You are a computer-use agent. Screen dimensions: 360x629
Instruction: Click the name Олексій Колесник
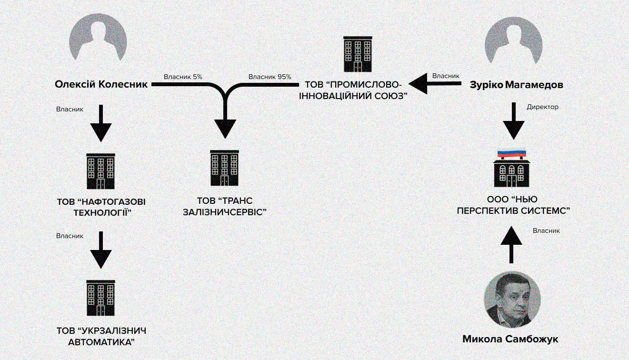click(101, 85)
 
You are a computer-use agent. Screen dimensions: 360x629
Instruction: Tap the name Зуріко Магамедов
click(516, 85)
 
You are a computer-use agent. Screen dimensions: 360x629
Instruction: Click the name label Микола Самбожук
click(510, 340)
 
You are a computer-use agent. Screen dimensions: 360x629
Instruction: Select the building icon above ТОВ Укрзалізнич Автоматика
click(100, 298)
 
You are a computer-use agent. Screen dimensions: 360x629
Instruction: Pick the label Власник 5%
click(183, 77)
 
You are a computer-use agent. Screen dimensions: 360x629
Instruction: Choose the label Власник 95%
click(270, 77)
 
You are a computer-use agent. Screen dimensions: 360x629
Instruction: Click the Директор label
click(542, 107)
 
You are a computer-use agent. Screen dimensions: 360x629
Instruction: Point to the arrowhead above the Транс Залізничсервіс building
click(225, 128)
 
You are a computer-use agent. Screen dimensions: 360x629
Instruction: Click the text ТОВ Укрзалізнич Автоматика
click(101, 336)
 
